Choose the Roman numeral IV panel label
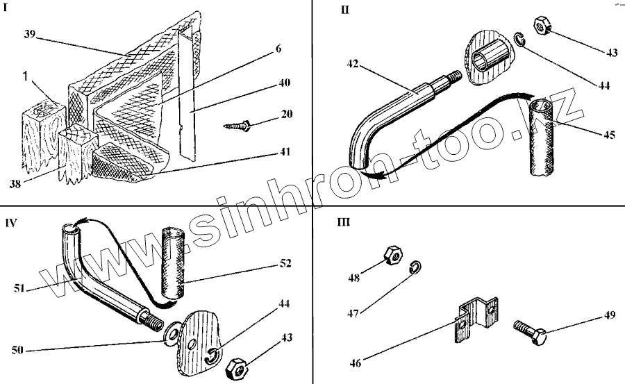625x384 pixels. tap(11, 223)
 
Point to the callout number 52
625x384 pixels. tap(285, 264)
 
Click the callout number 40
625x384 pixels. tap(283, 83)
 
